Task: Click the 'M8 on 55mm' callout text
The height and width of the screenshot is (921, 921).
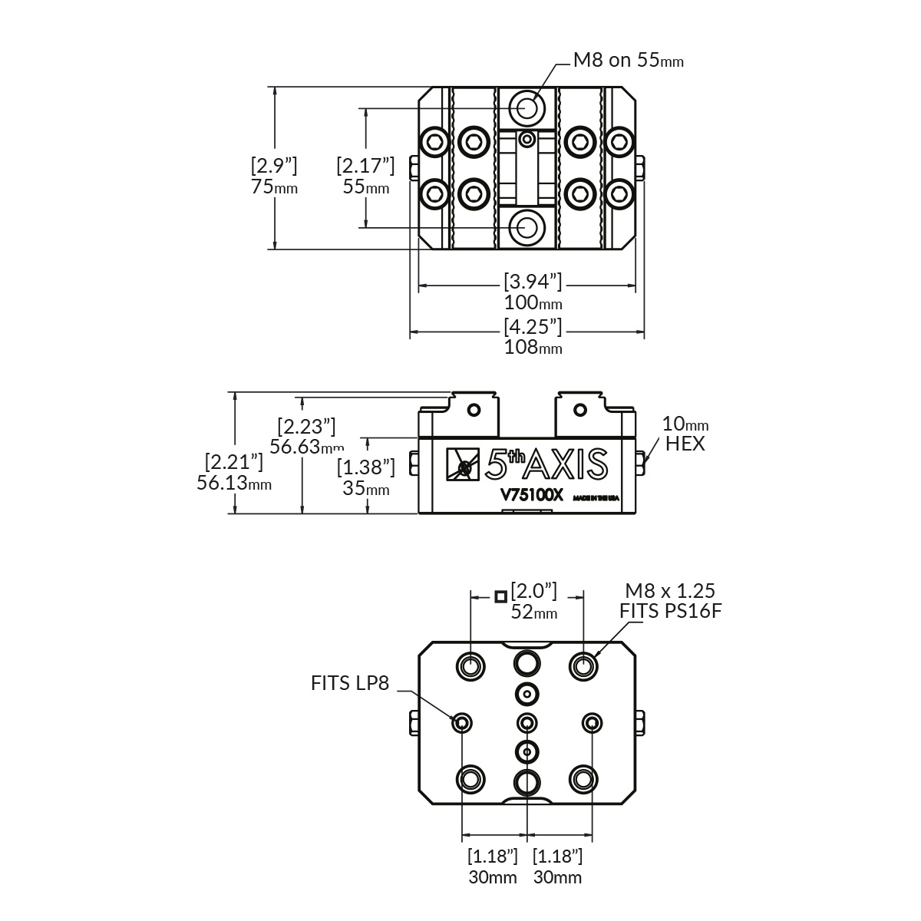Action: point(629,60)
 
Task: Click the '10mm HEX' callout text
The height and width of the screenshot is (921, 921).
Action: point(685,434)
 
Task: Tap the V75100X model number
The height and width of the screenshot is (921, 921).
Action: point(532,495)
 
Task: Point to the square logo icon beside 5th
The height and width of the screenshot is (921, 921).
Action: point(463,464)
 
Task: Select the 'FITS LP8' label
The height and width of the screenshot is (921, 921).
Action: point(351,683)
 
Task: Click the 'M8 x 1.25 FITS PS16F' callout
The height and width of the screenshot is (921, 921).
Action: point(670,601)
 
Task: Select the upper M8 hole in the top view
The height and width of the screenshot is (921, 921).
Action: point(527,106)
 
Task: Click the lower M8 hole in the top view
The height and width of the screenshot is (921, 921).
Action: point(527,226)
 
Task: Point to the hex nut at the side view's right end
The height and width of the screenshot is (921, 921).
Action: point(641,461)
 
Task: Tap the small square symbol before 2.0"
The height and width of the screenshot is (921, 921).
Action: point(500,596)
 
